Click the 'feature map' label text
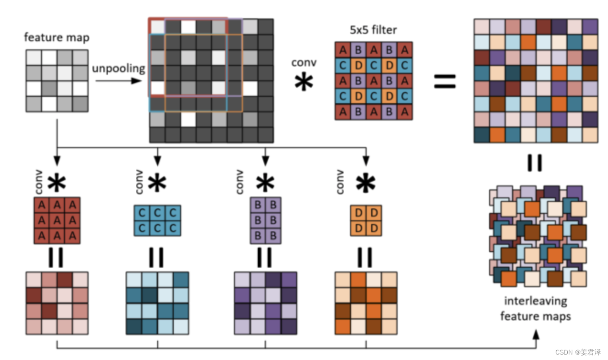coord(57,37)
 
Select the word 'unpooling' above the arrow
coord(118,69)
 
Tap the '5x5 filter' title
coord(373,30)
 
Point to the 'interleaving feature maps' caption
coord(535,308)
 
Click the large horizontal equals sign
coord(444,81)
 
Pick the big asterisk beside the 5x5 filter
coord(304,84)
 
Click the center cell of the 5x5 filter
coord(373,80)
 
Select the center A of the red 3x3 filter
coord(57,220)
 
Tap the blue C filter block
coord(157,220)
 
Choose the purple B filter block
coord(265,220)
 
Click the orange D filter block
coord(366,220)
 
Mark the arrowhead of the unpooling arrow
coord(137,81)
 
